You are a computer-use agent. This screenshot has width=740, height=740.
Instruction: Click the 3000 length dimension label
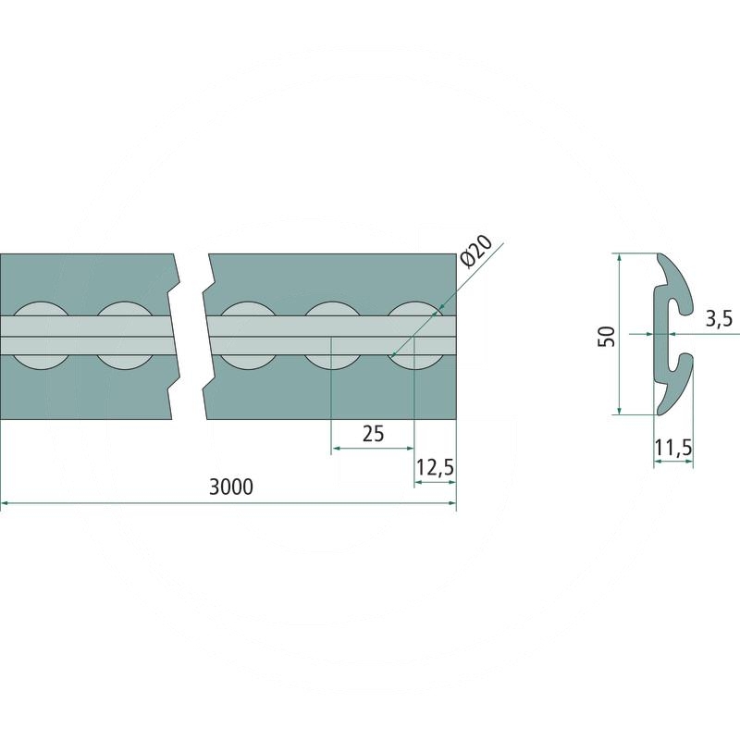point(231,487)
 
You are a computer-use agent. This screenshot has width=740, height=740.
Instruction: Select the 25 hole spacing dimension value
point(374,433)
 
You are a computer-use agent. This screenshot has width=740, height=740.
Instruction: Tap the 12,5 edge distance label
point(435,468)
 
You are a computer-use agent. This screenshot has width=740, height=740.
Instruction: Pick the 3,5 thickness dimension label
point(719,319)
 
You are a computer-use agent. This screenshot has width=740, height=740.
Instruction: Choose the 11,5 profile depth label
point(673,447)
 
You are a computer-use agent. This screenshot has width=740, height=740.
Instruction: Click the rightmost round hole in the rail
point(415,336)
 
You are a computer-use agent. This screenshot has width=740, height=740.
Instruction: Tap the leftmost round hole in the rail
point(42,336)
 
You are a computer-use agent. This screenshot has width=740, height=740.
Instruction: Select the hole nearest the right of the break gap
point(249,336)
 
